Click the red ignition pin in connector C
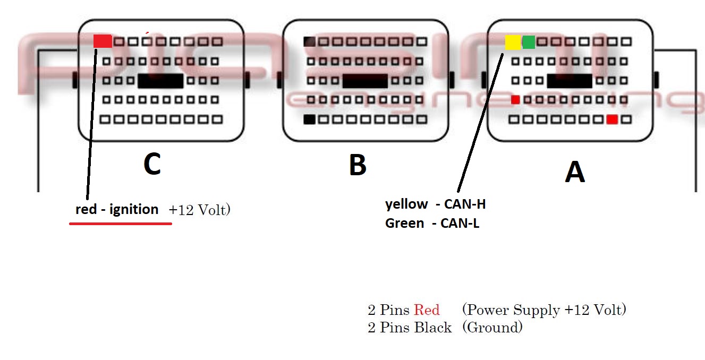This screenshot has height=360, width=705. [x=103, y=41]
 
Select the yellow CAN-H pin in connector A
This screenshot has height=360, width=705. [x=513, y=42]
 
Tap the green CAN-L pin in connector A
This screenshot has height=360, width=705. [x=529, y=42]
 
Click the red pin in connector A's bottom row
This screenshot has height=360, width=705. [x=612, y=119]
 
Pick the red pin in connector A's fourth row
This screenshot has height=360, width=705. [x=515, y=99]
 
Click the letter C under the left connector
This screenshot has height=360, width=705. [x=152, y=165]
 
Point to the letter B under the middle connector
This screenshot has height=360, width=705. [x=358, y=165]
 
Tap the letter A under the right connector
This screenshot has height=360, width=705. [x=574, y=173]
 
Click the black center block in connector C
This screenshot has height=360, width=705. [x=160, y=81]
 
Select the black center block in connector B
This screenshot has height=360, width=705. [x=365, y=81]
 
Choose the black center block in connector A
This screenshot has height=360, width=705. [x=569, y=81]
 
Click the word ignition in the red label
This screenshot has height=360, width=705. [x=134, y=210]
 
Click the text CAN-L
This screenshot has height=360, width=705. [x=460, y=224]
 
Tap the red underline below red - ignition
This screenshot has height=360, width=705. [x=121, y=224]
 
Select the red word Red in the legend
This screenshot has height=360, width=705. [x=427, y=310]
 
